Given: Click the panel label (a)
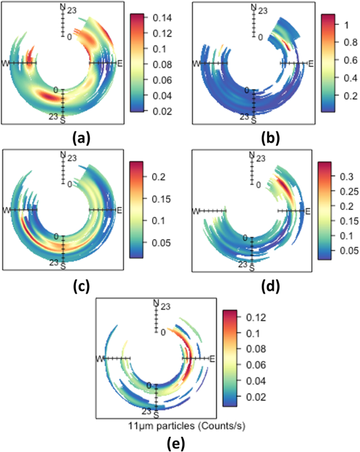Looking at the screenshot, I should [x=81, y=137].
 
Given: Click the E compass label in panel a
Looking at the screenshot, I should [x=120, y=63].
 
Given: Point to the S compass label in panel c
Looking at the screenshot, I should [x=63, y=268].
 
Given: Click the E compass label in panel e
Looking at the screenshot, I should [x=213, y=359].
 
